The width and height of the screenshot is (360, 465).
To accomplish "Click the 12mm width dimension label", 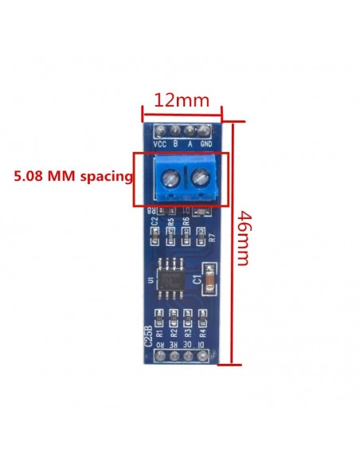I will (182, 101).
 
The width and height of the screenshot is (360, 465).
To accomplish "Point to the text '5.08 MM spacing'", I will (73, 176).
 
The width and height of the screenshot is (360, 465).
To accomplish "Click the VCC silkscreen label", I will (160, 144).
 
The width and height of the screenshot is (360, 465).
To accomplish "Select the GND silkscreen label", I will (205, 144).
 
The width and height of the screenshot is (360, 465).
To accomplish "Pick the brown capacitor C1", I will (209, 279).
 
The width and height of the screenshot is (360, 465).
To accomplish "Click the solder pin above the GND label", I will (205, 130).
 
